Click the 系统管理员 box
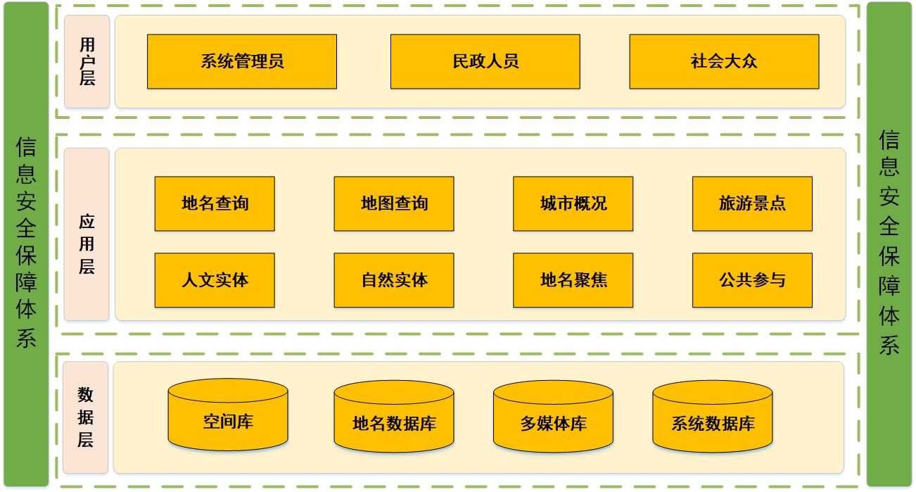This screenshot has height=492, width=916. click(242, 62)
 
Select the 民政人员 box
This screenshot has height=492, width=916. click(485, 62)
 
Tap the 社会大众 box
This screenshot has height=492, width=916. click(724, 62)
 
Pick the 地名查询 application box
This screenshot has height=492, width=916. click(215, 204)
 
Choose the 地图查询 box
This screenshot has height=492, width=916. click(394, 204)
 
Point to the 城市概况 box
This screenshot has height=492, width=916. click(573, 204)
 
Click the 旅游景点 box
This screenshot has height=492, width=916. click(752, 204)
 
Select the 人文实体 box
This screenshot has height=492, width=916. click(215, 280)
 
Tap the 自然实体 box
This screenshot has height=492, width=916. click(394, 280)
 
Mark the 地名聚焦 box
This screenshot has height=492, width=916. click(573, 280)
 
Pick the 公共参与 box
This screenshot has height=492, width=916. click(752, 280)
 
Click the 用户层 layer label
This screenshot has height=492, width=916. click(87, 62)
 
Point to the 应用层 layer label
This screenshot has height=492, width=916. click(87, 234)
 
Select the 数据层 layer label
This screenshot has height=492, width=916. click(86, 417)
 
